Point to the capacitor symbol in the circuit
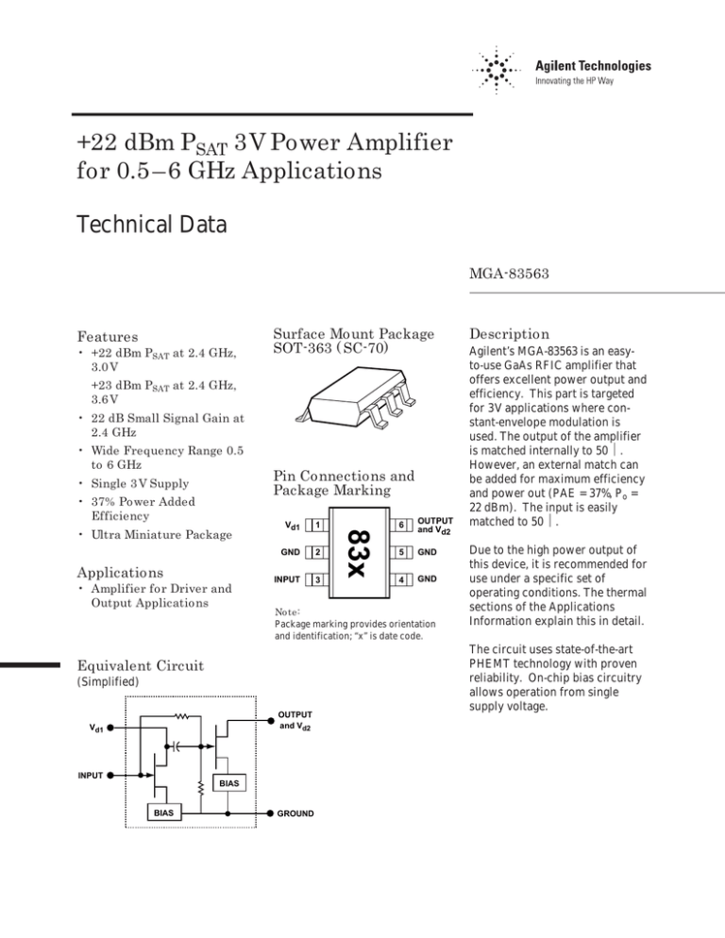177,745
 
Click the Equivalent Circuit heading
142,665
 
